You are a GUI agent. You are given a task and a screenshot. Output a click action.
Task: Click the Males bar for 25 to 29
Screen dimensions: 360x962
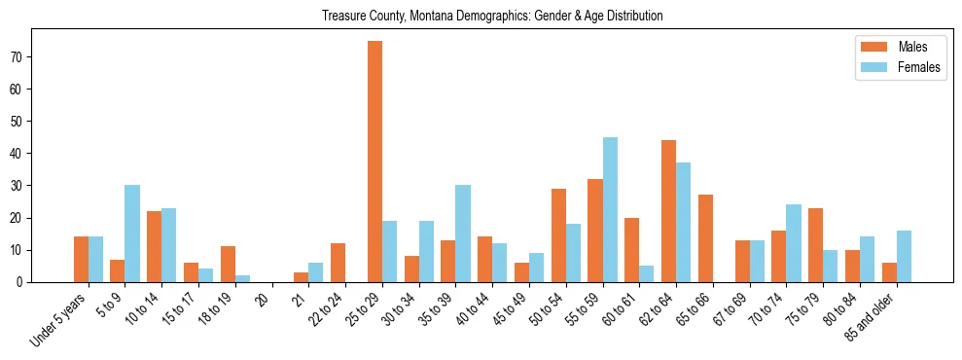tap(374, 162)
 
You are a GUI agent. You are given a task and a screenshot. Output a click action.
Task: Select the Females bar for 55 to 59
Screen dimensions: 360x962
tap(610, 209)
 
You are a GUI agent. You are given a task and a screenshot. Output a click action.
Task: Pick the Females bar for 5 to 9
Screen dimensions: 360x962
tap(132, 234)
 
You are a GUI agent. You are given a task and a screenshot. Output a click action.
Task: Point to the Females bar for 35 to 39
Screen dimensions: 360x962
tap(463, 234)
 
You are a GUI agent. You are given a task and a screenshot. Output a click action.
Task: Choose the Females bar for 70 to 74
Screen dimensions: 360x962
tap(793, 243)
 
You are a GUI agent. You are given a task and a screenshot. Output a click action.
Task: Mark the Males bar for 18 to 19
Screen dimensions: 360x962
tap(228, 264)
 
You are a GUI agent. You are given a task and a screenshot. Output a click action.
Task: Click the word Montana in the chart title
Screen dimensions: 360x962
tap(400, 16)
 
